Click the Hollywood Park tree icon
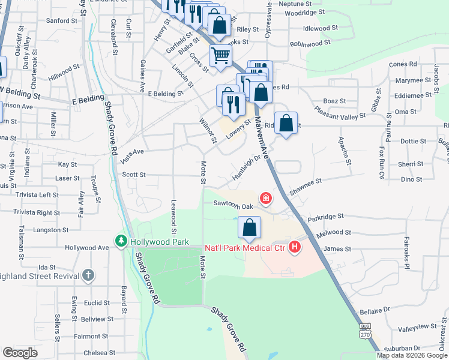(121, 241)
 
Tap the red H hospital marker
(294, 247)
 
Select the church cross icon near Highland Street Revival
(88, 275)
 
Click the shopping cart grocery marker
(220, 55)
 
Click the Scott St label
(134, 175)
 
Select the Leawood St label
(173, 217)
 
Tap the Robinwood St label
(310, 44)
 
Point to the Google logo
(20, 353)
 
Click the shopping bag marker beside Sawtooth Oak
(250, 228)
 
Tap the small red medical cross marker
(265, 197)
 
